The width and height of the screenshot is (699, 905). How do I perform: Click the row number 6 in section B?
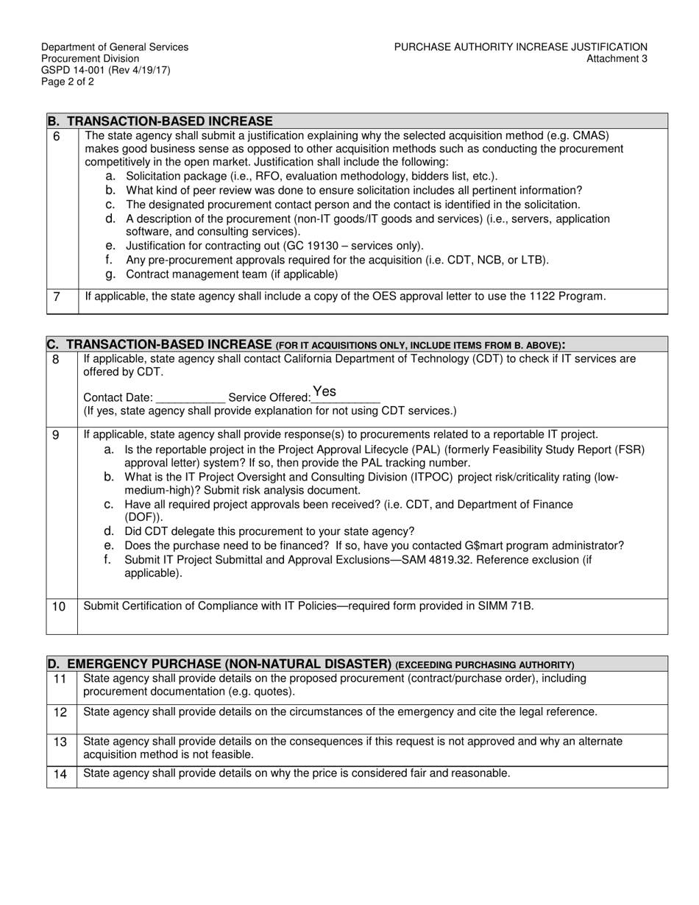click(57, 136)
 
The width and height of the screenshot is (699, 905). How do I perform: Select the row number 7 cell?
click(57, 297)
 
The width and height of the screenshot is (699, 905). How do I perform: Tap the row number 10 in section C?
click(59, 606)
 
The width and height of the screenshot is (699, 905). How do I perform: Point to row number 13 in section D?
click(60, 742)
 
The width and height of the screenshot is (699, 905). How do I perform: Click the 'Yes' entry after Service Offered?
click(324, 391)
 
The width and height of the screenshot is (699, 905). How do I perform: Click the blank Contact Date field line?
click(190, 398)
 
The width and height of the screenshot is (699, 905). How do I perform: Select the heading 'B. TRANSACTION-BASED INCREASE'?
click(160, 121)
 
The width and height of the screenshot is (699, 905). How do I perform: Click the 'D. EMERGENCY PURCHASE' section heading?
click(219, 664)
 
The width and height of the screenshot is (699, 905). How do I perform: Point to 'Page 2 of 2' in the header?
click(68, 82)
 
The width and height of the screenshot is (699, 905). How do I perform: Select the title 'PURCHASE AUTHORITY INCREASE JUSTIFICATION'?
click(520, 47)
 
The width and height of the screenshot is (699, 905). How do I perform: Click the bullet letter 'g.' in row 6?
click(110, 274)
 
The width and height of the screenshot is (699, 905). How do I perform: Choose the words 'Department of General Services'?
click(115, 47)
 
